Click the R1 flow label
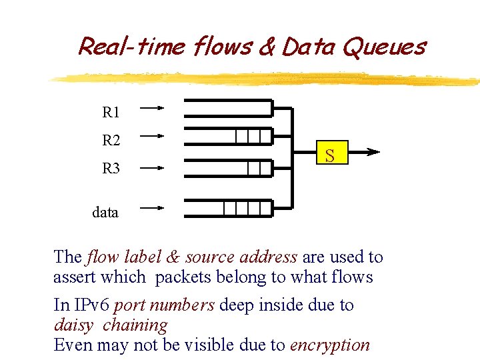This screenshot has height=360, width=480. [111, 112]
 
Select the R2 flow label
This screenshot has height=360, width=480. [111, 140]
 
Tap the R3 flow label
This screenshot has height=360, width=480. [111, 169]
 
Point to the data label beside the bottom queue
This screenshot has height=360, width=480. [105, 212]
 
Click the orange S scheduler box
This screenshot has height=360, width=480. [329, 155]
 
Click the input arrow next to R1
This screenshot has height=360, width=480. [153, 107]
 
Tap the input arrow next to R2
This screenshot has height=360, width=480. [153, 135]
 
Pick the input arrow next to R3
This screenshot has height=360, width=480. [153, 169]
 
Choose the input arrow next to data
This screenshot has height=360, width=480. [153, 208]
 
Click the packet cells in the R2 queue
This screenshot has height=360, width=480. [253, 137]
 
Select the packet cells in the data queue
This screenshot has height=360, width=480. [247, 208]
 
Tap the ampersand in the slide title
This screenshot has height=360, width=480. [266, 47]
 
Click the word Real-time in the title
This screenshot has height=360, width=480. [133, 47]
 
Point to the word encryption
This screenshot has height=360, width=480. [329, 345]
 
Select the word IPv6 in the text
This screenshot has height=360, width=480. [92, 305]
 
